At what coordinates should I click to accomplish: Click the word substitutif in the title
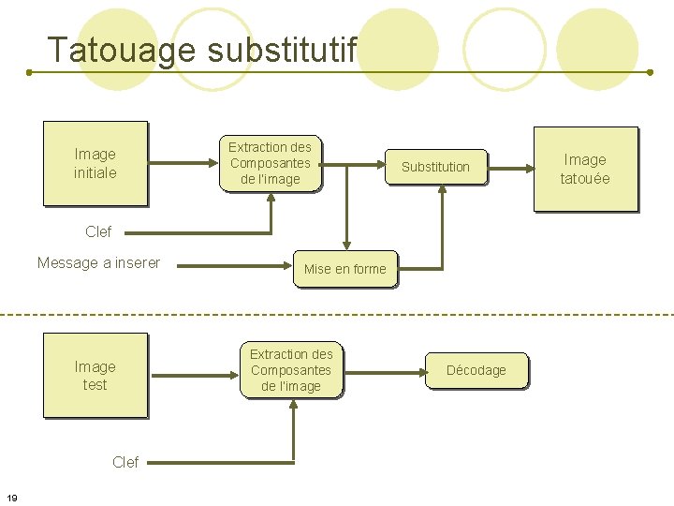click(x=282, y=50)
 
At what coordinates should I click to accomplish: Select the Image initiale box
click(x=95, y=163)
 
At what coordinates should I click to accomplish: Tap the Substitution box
click(x=435, y=167)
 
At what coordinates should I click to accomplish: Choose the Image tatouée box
click(x=585, y=169)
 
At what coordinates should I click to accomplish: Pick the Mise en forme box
click(x=344, y=269)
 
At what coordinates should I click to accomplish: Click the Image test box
click(x=95, y=376)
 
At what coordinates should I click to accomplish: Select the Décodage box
click(x=476, y=370)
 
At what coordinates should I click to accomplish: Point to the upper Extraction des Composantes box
click(x=271, y=163)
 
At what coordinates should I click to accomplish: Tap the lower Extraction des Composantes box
click(x=291, y=370)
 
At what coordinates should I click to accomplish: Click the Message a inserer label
click(x=98, y=262)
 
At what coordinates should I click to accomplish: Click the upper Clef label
click(x=97, y=231)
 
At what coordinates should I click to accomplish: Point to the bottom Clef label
click(x=125, y=462)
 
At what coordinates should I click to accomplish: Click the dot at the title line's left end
click(x=29, y=71)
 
